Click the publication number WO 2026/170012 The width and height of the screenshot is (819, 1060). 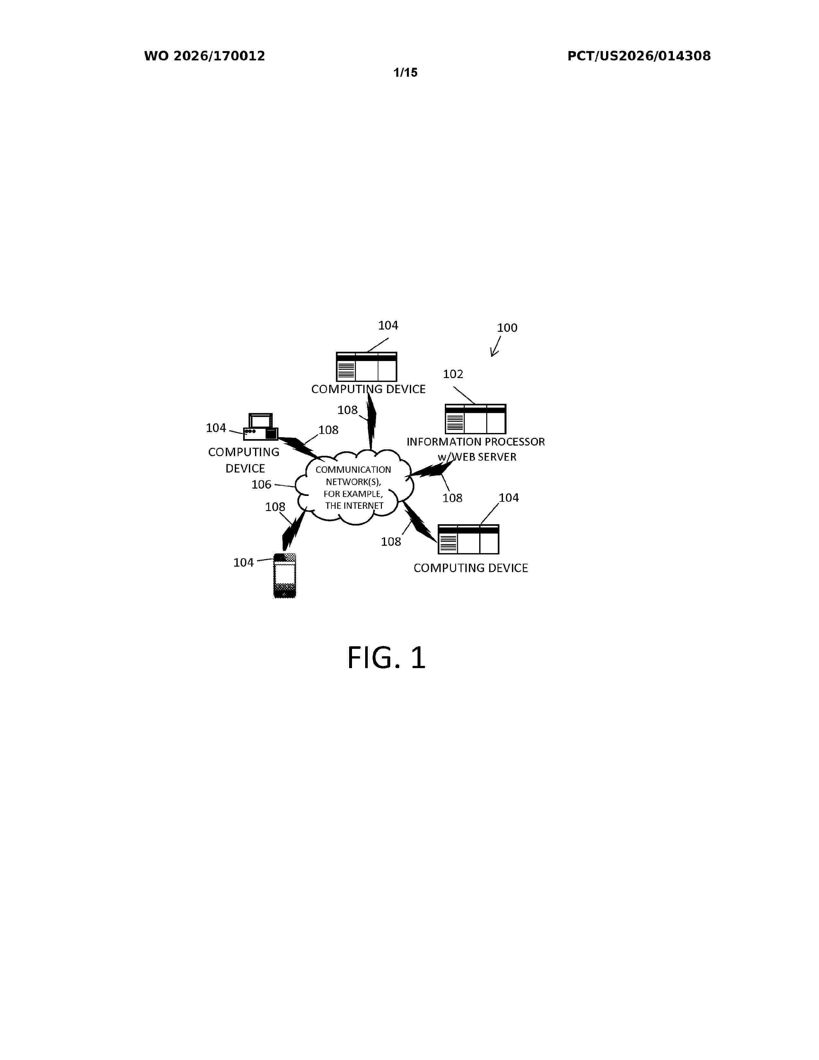[x=204, y=56]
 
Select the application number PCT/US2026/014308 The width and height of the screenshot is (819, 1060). [x=639, y=56]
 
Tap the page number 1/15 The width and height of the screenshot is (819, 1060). [x=405, y=73]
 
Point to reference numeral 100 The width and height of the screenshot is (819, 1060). [x=507, y=328]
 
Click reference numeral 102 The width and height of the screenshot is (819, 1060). [x=453, y=374]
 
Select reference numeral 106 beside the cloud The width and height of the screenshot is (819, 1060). [x=261, y=484]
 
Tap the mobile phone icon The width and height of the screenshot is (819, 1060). [x=285, y=576]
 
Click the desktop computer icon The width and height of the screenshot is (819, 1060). [x=260, y=427]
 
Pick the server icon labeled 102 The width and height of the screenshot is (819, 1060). [x=475, y=419]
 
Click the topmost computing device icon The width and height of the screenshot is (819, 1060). [x=366, y=367]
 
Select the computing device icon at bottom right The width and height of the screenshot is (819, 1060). [x=468, y=539]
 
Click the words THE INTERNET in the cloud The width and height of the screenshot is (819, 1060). [x=354, y=506]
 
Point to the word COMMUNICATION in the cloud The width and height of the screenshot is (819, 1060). [x=353, y=470]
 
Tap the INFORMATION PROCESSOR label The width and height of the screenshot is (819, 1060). [x=475, y=442]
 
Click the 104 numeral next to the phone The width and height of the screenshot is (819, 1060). [x=243, y=562]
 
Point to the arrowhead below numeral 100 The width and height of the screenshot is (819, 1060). [x=493, y=353]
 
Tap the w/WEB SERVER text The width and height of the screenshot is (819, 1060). [x=477, y=457]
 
